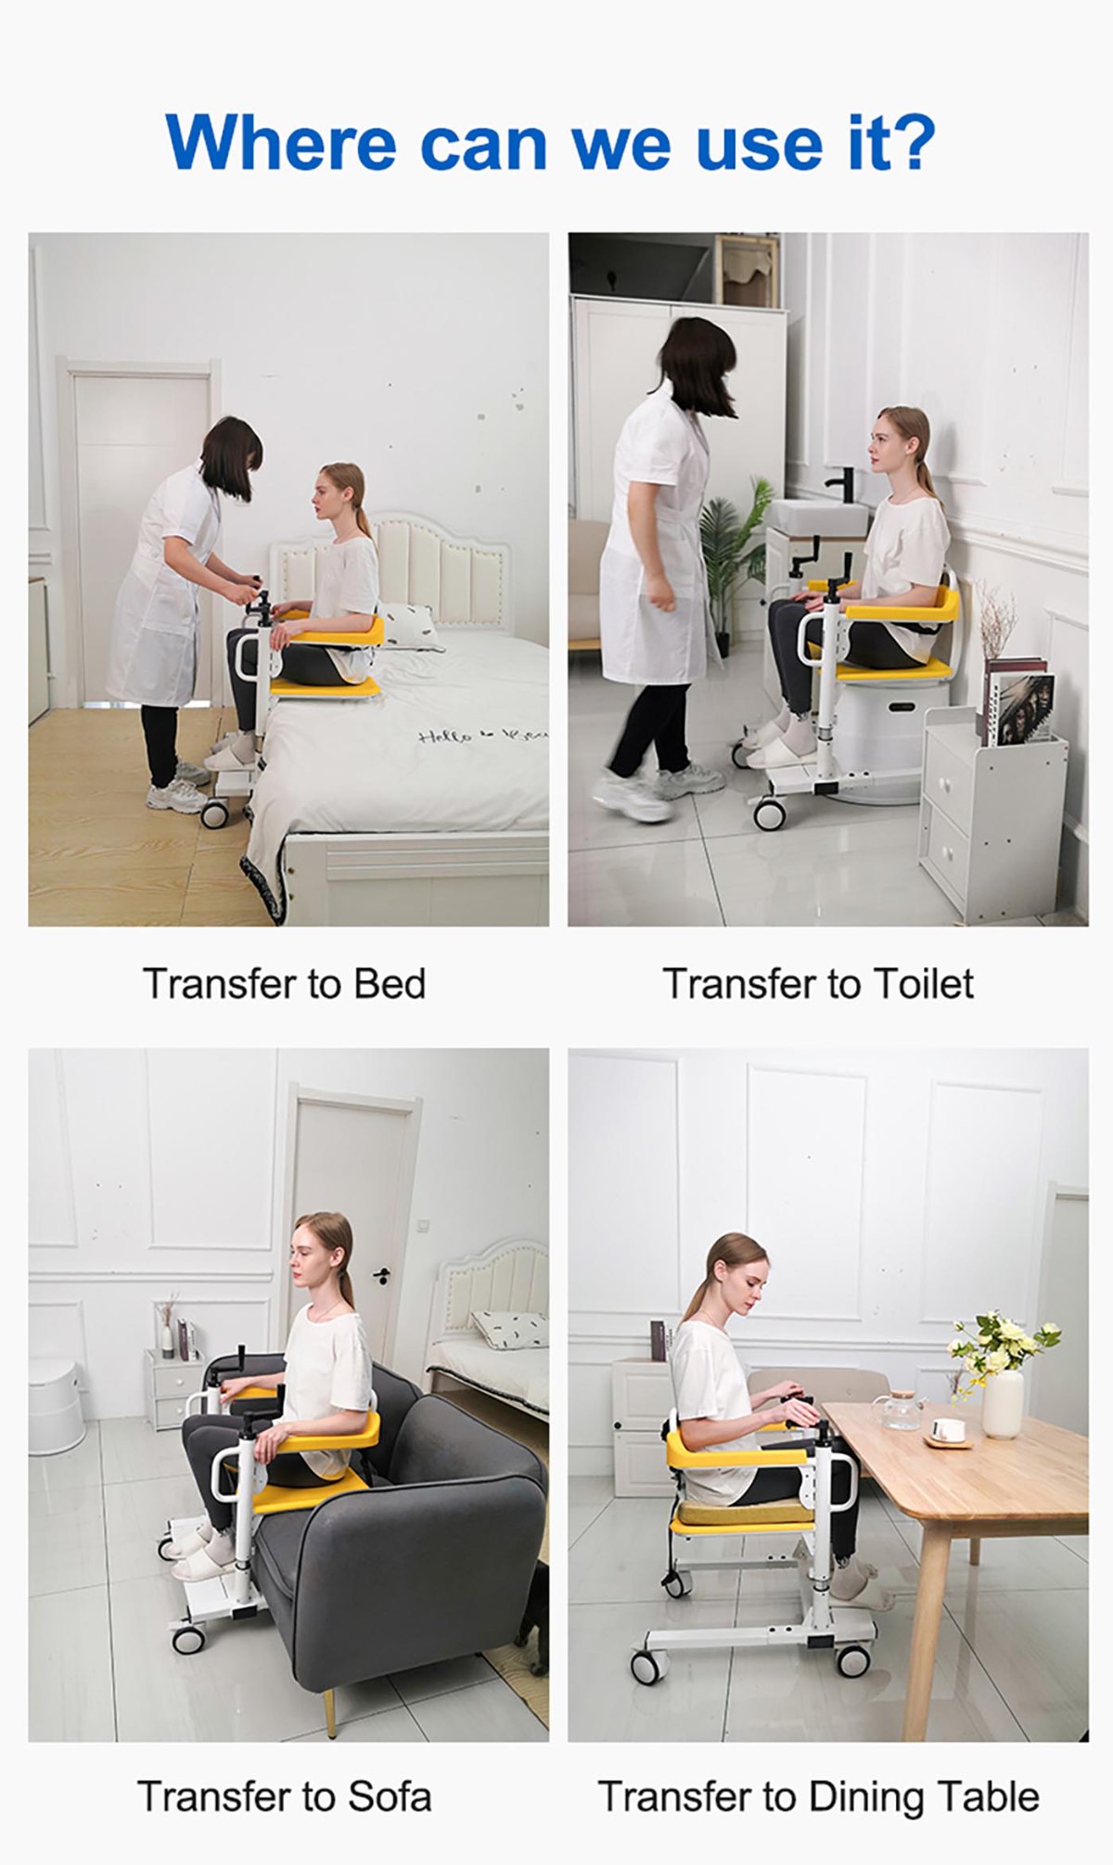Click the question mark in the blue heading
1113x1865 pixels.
pos(909,144)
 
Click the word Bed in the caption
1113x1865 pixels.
pos(390,984)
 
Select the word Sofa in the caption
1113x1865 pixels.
pos(390,1796)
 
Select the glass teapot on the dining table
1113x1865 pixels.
pos(900,1411)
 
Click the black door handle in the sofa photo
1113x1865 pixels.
pos(381,1275)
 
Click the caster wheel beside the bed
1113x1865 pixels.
pos(214,814)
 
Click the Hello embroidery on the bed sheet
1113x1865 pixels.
pos(454,737)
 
